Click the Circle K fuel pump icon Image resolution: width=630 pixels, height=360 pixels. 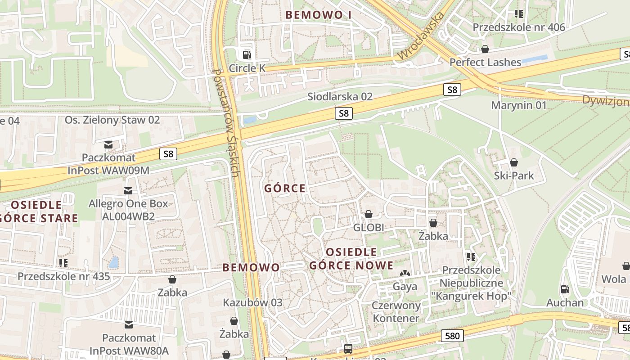click(247, 55)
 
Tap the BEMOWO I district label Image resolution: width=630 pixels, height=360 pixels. click(318, 15)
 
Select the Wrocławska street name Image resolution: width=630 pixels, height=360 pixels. click(421, 36)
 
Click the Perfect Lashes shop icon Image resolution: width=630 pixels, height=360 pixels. click(485, 49)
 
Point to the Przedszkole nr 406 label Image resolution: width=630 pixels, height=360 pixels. click(518, 27)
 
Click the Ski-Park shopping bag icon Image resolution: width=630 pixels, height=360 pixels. click(513, 162)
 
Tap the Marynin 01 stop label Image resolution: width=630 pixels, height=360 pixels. click(518, 105)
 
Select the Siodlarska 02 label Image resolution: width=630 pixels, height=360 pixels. click(340, 97)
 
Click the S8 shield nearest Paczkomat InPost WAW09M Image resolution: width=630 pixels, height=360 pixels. click(168, 154)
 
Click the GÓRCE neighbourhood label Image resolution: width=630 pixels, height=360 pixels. click(285, 189)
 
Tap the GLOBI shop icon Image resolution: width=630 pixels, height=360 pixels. click(369, 214)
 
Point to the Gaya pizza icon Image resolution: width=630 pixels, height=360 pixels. click(405, 274)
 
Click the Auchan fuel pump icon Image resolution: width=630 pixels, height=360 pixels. click(565, 289)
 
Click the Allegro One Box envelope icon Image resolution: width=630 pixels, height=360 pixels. click(128, 191)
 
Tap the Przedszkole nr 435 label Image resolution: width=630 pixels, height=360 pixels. click(63, 276)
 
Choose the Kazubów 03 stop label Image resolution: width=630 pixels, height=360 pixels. click(252, 302)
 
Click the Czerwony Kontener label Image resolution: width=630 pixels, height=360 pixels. click(396, 312)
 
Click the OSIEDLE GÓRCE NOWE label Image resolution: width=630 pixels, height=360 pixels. click(351, 259)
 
